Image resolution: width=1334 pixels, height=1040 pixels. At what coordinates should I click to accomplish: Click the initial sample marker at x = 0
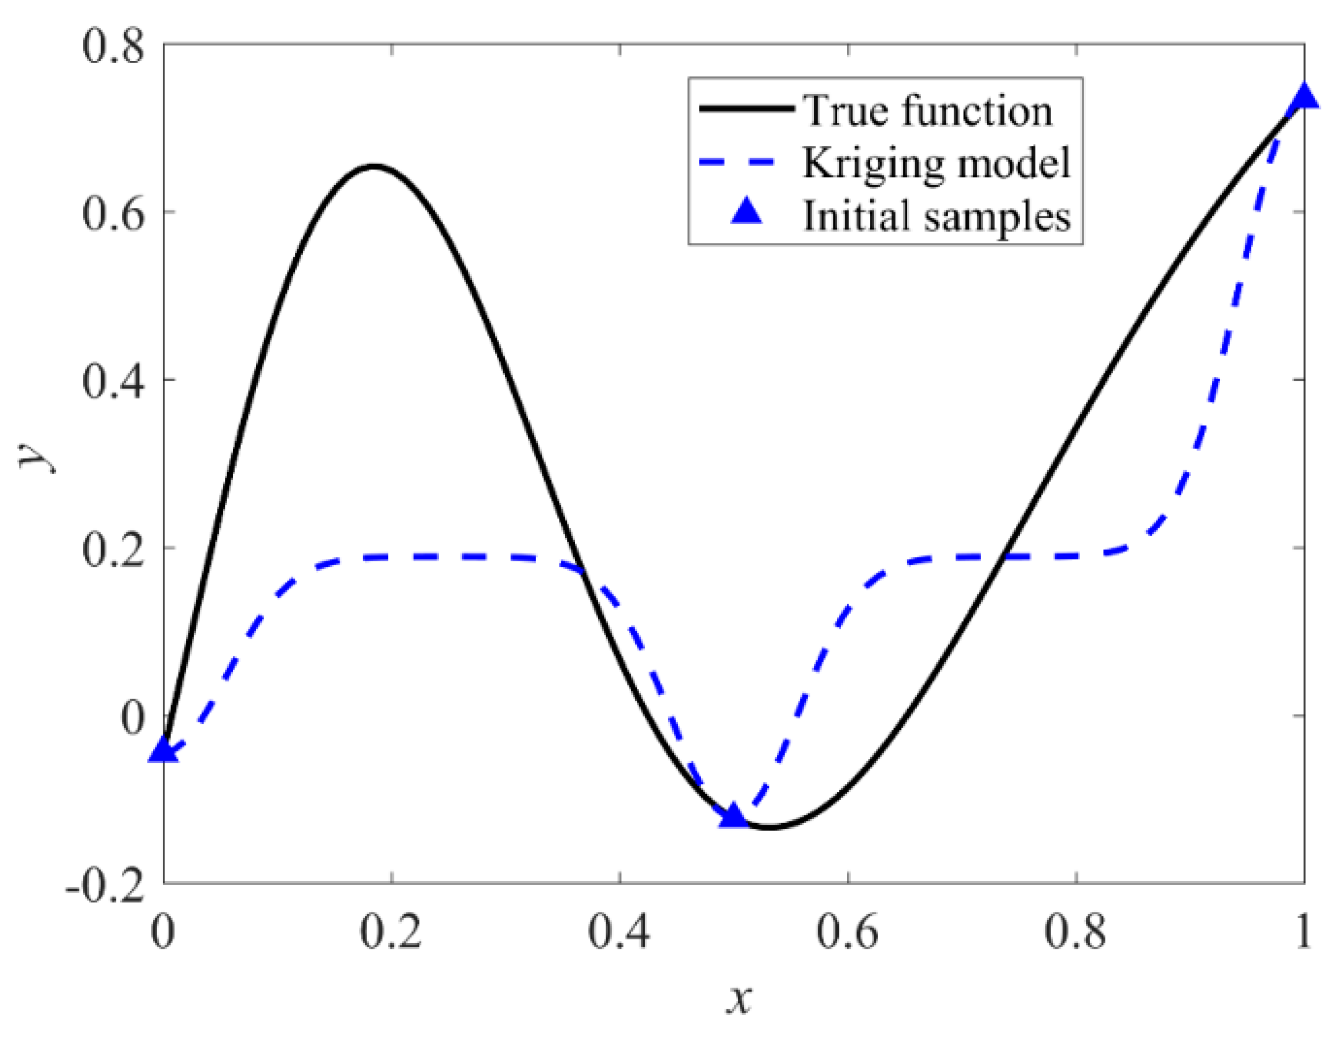point(163,750)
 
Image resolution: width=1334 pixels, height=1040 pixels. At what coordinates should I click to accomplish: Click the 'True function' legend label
point(927,110)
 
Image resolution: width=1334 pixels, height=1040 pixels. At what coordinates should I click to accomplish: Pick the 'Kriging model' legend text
point(936,163)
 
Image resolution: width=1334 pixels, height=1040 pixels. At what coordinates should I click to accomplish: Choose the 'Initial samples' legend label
point(936,216)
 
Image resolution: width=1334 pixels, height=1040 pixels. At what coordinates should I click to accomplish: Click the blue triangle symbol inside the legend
point(747,213)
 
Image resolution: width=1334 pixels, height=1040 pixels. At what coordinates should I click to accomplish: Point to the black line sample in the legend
point(747,109)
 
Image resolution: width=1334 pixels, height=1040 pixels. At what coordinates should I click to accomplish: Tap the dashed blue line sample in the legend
point(747,162)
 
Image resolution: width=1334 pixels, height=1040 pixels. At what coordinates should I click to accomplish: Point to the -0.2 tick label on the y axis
point(105,883)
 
